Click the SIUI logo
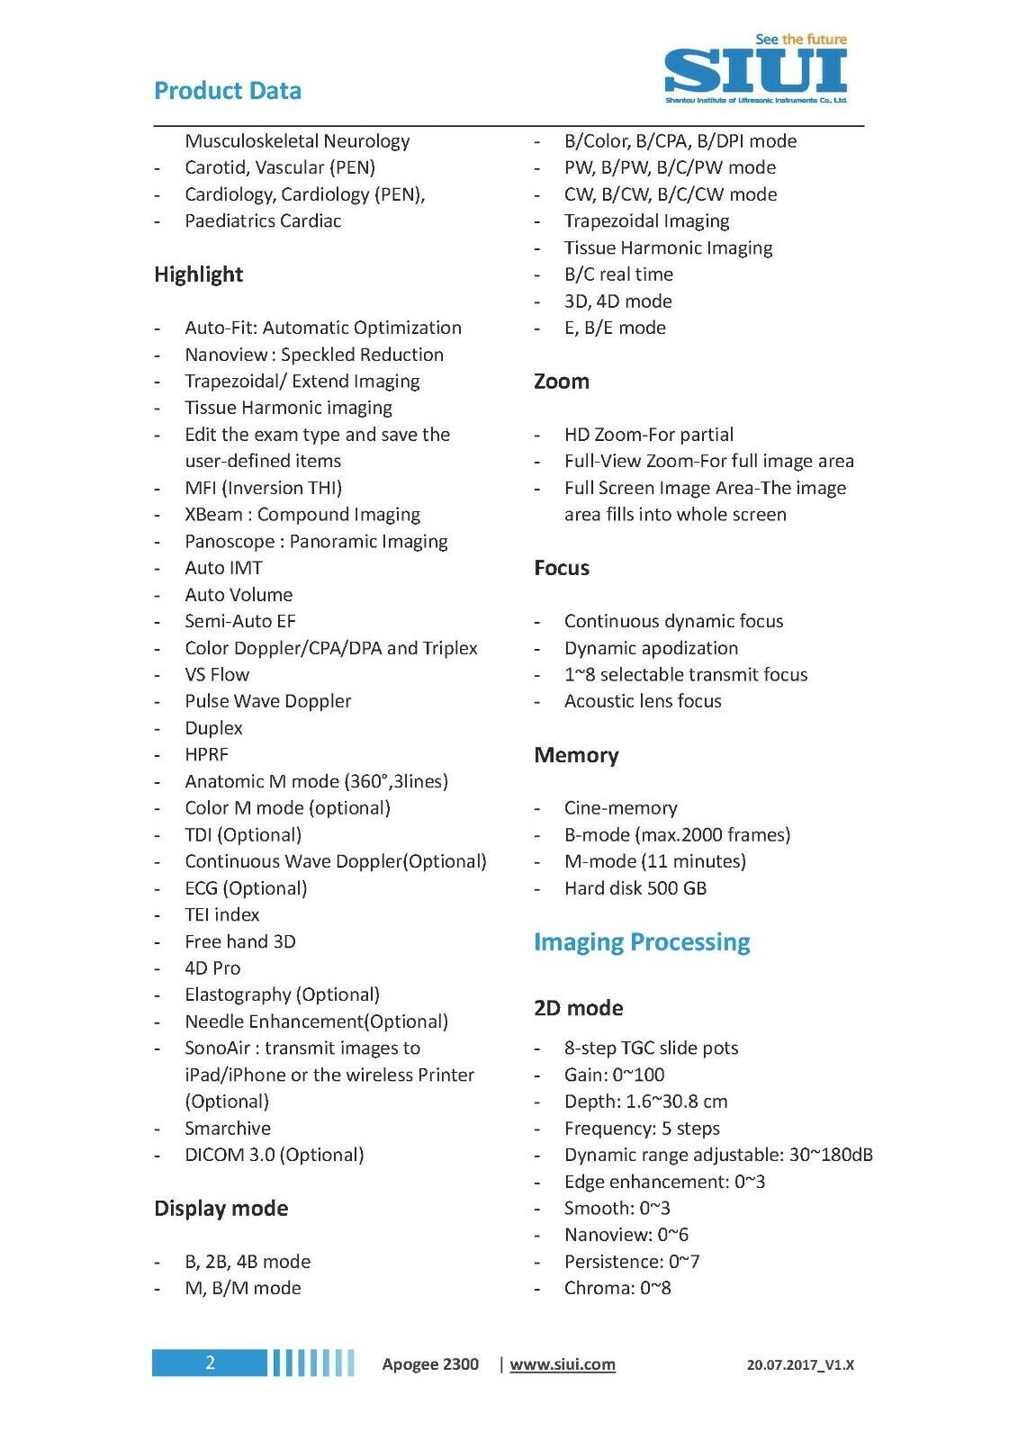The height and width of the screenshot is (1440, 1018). pyautogui.click(x=755, y=70)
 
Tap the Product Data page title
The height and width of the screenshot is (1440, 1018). pyautogui.click(x=228, y=91)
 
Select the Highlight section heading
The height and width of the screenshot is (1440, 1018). pyautogui.click(x=198, y=274)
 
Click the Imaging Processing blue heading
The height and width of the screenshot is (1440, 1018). pyautogui.click(x=641, y=942)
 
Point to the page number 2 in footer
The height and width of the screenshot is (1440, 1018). pyautogui.click(x=210, y=1363)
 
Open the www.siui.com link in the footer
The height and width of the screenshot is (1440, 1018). pyautogui.click(x=563, y=1364)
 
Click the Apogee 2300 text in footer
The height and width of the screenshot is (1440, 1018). pyautogui.click(x=430, y=1364)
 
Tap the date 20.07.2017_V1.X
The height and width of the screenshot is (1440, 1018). pyautogui.click(x=800, y=1364)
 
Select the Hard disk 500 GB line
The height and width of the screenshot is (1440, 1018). pyautogui.click(x=635, y=888)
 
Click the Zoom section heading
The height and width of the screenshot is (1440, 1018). pyautogui.click(x=561, y=382)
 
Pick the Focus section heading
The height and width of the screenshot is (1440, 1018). pyautogui.click(x=561, y=568)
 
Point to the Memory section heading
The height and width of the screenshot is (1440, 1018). pyautogui.click(x=576, y=755)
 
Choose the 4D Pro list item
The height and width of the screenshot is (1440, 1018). pyautogui.click(x=212, y=968)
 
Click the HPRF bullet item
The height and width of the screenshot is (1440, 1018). pyautogui.click(x=206, y=755)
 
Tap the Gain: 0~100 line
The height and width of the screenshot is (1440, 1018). pyautogui.click(x=614, y=1075)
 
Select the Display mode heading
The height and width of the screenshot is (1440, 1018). pyautogui.click(x=221, y=1209)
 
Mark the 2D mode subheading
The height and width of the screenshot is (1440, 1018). pyautogui.click(x=578, y=1008)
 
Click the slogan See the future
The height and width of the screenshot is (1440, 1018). pyautogui.click(x=800, y=40)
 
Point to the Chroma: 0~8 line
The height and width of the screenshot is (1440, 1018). pyautogui.click(x=617, y=1288)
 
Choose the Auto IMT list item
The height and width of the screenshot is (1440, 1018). pyautogui.click(x=223, y=568)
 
